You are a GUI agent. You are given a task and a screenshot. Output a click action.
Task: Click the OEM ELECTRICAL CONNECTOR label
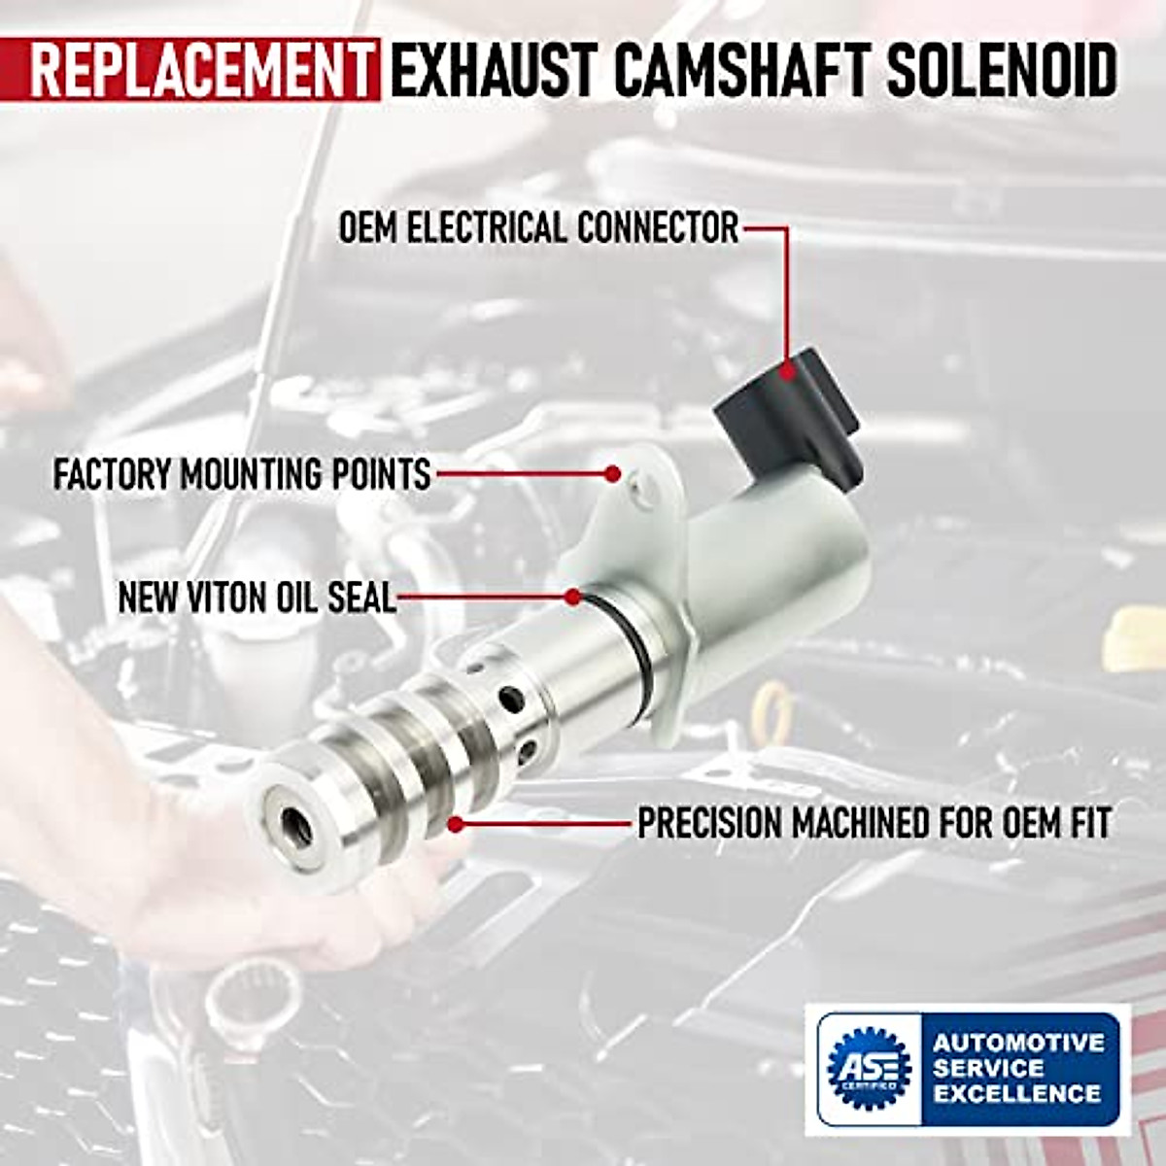538,229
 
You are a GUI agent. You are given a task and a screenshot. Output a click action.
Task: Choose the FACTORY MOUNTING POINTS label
242,475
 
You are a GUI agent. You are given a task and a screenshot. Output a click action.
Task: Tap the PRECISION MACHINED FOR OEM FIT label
874,824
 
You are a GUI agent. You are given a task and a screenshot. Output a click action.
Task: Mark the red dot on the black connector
788,368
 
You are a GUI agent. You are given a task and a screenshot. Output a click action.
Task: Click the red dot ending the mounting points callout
612,474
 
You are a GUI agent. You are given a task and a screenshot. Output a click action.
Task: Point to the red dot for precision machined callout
456,824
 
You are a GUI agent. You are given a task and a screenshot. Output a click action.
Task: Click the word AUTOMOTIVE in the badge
1018,1044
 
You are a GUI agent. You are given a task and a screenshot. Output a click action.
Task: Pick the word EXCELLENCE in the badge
1016,1093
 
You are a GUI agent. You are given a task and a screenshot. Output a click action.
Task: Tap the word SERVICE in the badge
988,1068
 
